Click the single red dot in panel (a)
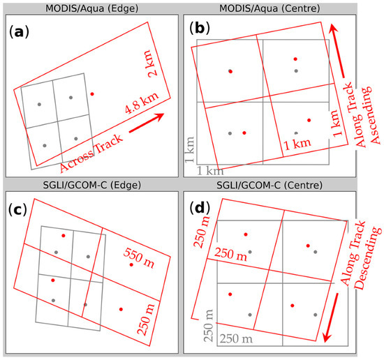tap(93, 93)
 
